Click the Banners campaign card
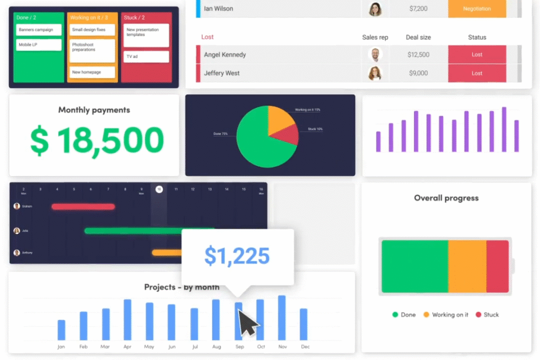38,30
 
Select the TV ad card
146,56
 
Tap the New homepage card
92,72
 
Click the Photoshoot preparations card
92,50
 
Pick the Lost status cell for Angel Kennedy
477,55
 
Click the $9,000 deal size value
418,73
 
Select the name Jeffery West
221,73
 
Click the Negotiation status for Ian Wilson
477,9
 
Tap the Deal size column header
418,37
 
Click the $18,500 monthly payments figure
97,140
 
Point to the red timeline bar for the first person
83,207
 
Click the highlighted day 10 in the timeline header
159,189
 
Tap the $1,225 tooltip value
237,256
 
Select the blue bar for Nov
282,317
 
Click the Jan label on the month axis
61,347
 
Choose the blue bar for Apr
128,319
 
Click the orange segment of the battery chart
467,266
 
